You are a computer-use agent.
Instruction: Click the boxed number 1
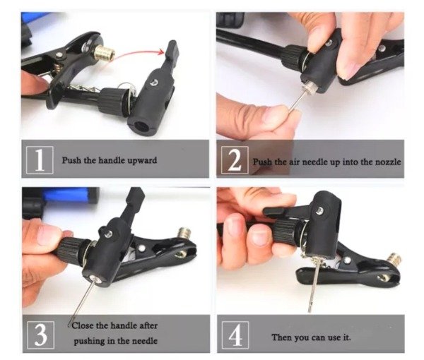(x=40, y=160)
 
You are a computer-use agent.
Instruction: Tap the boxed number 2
(x=235, y=160)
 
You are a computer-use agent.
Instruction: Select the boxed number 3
(x=41, y=335)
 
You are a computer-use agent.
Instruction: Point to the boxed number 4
(x=235, y=335)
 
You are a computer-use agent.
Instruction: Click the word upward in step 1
(x=142, y=160)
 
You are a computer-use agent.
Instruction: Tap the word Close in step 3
(x=83, y=325)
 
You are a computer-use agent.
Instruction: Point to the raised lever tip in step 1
(x=172, y=49)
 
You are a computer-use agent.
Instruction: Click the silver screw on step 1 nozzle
(x=155, y=83)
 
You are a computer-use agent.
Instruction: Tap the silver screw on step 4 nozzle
(x=320, y=210)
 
